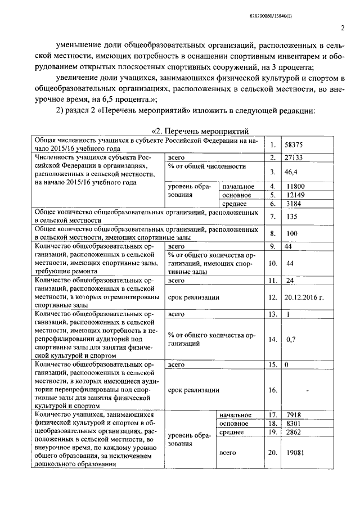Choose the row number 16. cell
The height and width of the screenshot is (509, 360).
pos(273,390)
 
